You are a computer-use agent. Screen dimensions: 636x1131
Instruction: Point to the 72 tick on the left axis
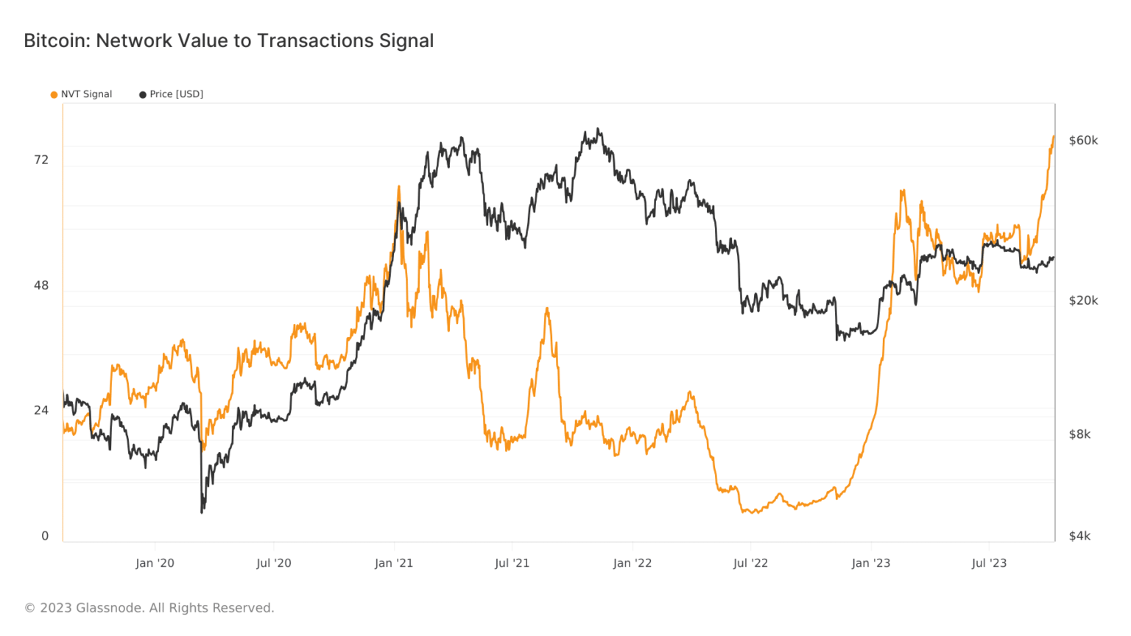(x=41, y=160)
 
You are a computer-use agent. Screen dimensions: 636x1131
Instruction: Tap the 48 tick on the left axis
(x=41, y=286)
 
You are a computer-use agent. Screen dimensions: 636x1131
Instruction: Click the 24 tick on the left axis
(x=41, y=410)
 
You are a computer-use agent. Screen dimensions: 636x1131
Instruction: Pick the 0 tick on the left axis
(x=45, y=536)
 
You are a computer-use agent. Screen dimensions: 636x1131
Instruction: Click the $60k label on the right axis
(x=1083, y=141)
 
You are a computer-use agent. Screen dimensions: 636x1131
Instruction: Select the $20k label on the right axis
(x=1083, y=300)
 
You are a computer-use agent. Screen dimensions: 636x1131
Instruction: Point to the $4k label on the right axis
(x=1079, y=536)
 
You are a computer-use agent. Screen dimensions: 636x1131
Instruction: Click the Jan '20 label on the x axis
(x=155, y=563)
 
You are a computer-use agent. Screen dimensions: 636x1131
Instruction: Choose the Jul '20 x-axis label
(x=273, y=563)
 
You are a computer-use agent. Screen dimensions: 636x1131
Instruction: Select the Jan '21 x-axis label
(x=394, y=563)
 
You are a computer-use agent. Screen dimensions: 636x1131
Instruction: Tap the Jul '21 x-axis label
(x=512, y=563)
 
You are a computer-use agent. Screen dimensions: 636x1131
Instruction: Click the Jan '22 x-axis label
(x=633, y=563)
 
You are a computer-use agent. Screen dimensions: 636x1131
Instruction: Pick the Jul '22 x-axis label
(x=750, y=563)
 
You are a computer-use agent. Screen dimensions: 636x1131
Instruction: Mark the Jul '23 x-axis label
(x=989, y=563)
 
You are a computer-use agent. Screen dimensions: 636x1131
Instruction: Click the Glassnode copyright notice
(x=149, y=608)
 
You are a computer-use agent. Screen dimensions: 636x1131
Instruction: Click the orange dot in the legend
(x=54, y=95)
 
